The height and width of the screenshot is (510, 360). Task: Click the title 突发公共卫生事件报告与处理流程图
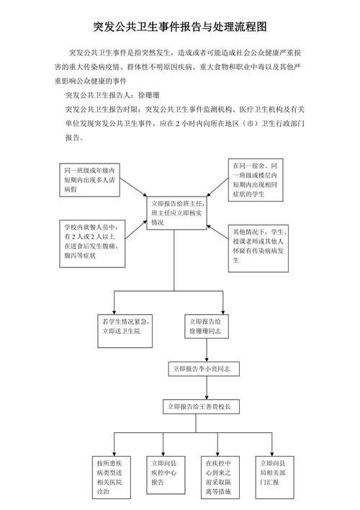pyautogui.click(x=180, y=27)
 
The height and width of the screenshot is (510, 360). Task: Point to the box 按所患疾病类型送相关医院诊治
pyautogui.click(x=114, y=476)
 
